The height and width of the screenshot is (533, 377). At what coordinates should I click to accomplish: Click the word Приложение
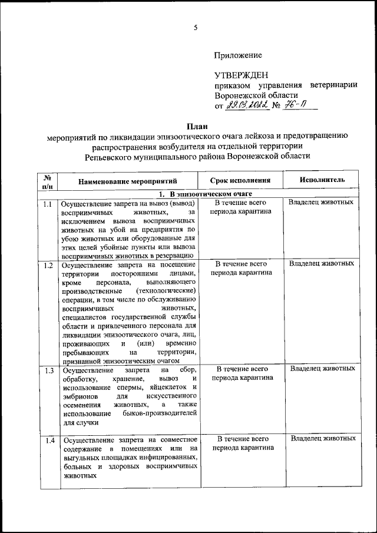237,55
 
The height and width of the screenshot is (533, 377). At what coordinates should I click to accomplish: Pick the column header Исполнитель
322,180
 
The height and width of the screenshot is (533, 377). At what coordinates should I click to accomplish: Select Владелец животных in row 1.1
322,203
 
